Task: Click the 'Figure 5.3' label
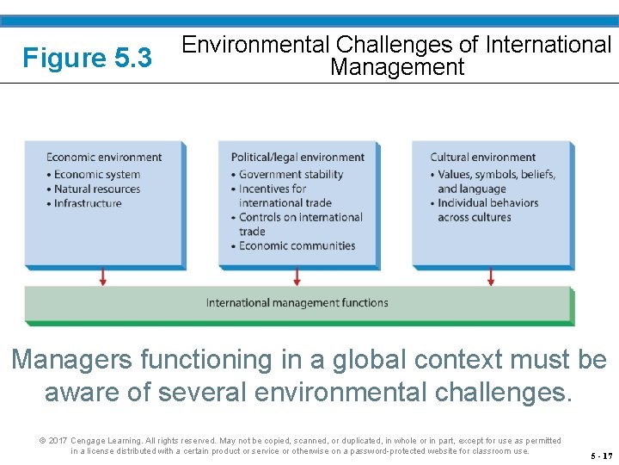[87, 58]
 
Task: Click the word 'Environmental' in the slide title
[256, 44]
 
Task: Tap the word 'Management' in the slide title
[397, 67]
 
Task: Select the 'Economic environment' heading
[104, 157]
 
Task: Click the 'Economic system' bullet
[96, 174]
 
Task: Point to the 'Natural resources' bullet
[96, 189]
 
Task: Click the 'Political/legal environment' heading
[297, 157]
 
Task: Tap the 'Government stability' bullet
[291, 174]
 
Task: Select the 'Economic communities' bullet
[297, 245]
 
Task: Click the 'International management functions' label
[297, 303]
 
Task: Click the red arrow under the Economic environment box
[103, 276]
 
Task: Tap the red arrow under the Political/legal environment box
[297, 276]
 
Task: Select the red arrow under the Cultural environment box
[491, 276]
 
